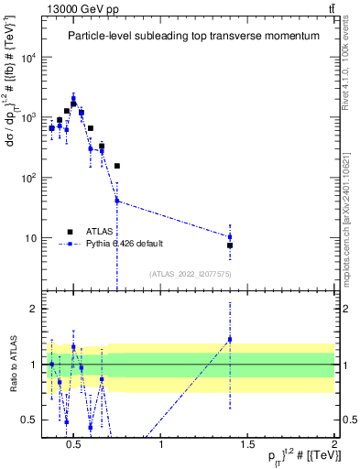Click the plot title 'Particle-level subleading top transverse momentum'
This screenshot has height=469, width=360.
(193, 36)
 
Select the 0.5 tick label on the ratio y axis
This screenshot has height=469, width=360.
(34, 420)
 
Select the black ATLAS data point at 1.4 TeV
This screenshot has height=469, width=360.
(230, 245)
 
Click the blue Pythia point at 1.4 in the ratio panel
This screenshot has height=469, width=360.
(230, 339)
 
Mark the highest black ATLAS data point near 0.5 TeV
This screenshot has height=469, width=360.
(73, 104)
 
